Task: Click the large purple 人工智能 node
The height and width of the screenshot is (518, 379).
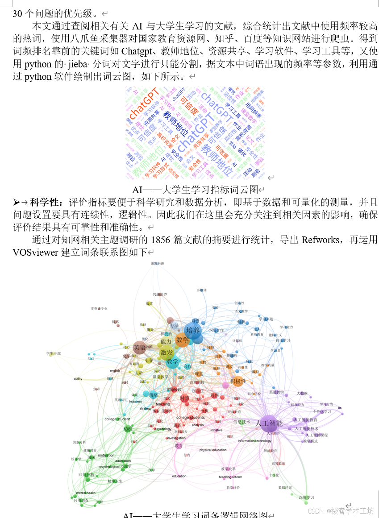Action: pos(269,423)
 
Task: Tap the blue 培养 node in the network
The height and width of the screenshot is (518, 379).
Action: pos(193,331)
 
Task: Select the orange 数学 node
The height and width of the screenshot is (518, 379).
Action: pos(183,340)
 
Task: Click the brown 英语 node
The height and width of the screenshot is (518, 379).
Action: pos(140,348)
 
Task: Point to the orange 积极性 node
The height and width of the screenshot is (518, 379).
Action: pos(238,381)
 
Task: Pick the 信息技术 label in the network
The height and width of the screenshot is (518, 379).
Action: pos(242,422)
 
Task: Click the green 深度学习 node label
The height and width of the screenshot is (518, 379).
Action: pos(307,497)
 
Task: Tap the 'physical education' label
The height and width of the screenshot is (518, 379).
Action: pos(213,450)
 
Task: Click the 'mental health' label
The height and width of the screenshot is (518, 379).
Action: pos(85,493)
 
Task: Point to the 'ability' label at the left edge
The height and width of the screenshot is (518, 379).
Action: pos(78,379)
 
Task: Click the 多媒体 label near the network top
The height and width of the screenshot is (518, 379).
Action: pos(202,290)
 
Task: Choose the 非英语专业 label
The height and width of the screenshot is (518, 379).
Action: pos(99,308)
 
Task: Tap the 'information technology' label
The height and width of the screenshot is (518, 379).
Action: pos(254,441)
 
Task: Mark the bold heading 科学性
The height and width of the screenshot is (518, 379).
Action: pos(45,203)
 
